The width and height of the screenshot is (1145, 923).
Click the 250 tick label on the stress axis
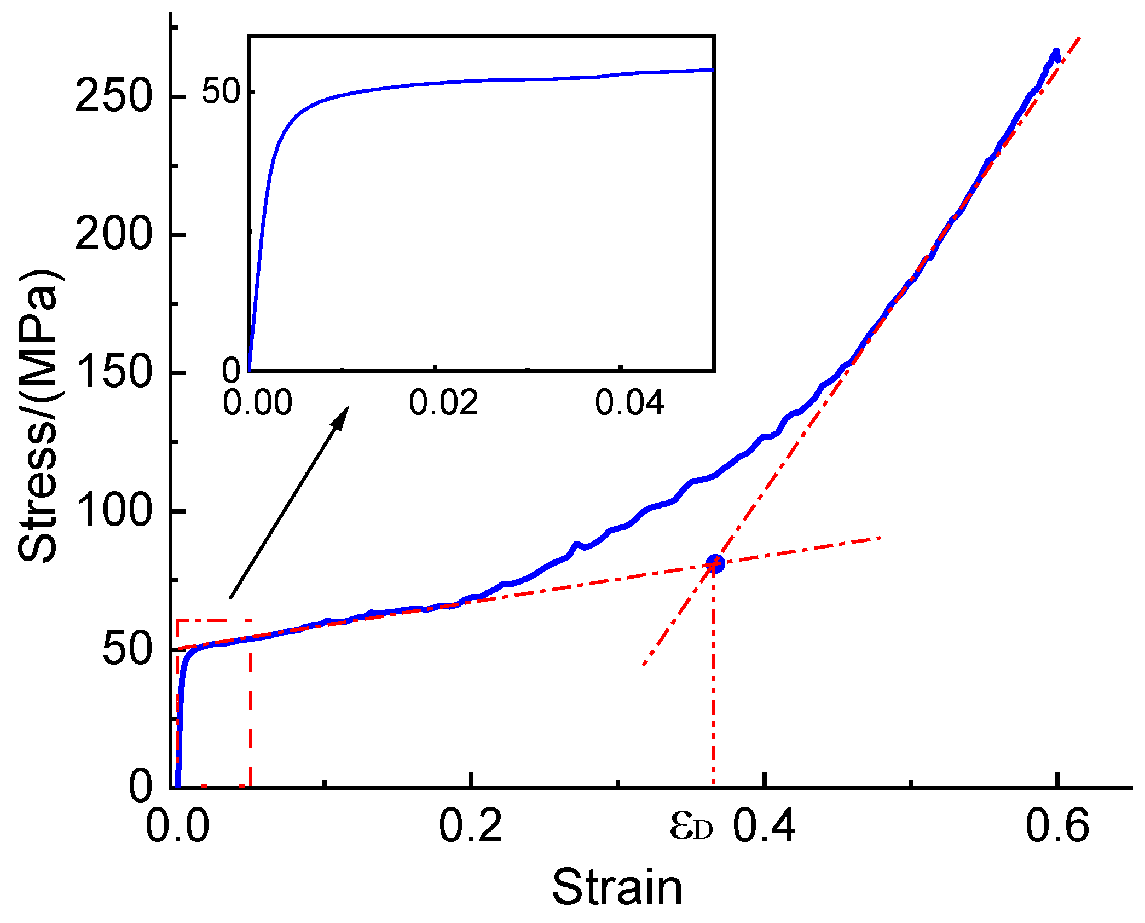113,96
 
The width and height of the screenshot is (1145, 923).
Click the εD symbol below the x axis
692,827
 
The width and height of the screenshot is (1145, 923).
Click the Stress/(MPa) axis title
38,416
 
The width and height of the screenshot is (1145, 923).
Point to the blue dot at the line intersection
715,563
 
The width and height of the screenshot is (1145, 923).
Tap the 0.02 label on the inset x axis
443,403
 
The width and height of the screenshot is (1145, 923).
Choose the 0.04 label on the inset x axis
629,403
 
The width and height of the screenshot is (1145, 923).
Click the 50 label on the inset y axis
221,91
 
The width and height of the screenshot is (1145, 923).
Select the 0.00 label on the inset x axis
257,403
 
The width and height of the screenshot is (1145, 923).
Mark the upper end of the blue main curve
1056,53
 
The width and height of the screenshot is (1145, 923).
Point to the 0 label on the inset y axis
231,371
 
